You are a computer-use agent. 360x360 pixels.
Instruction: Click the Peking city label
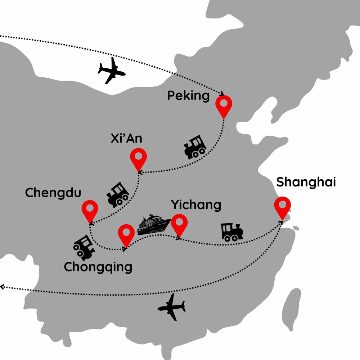pyautogui.click(x=188, y=96)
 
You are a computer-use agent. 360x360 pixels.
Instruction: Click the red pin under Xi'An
pyautogui.click(x=139, y=159)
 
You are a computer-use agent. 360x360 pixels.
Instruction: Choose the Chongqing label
pyautogui.click(x=98, y=267)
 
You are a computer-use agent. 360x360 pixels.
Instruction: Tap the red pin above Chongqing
pyautogui.click(x=126, y=233)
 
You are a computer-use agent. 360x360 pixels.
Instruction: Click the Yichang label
pyautogui.click(x=196, y=205)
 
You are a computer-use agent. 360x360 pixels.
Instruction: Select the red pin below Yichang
pyautogui.click(x=179, y=223)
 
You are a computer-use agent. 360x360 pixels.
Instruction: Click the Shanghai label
pyautogui.click(x=306, y=183)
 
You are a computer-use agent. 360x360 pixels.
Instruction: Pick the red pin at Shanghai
pyautogui.click(x=282, y=206)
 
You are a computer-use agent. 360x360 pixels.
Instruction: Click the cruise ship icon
pyautogui.click(x=153, y=225)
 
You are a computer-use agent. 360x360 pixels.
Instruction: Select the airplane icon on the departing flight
pyautogui.click(x=172, y=307)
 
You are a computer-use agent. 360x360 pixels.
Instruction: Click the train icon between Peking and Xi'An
pyautogui.click(x=195, y=147)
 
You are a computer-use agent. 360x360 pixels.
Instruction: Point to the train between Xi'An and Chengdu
pyautogui.click(x=117, y=195)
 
